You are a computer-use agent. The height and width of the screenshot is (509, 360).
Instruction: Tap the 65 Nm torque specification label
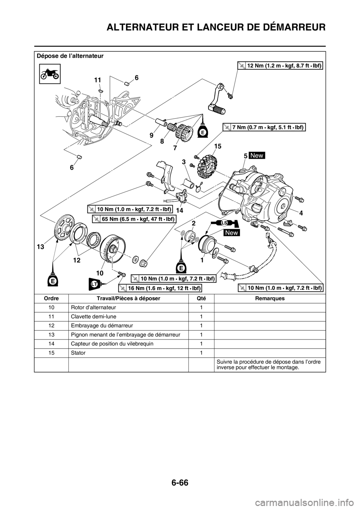(x=134, y=217)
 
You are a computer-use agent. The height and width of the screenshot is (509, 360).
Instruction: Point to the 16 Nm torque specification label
(x=160, y=287)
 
